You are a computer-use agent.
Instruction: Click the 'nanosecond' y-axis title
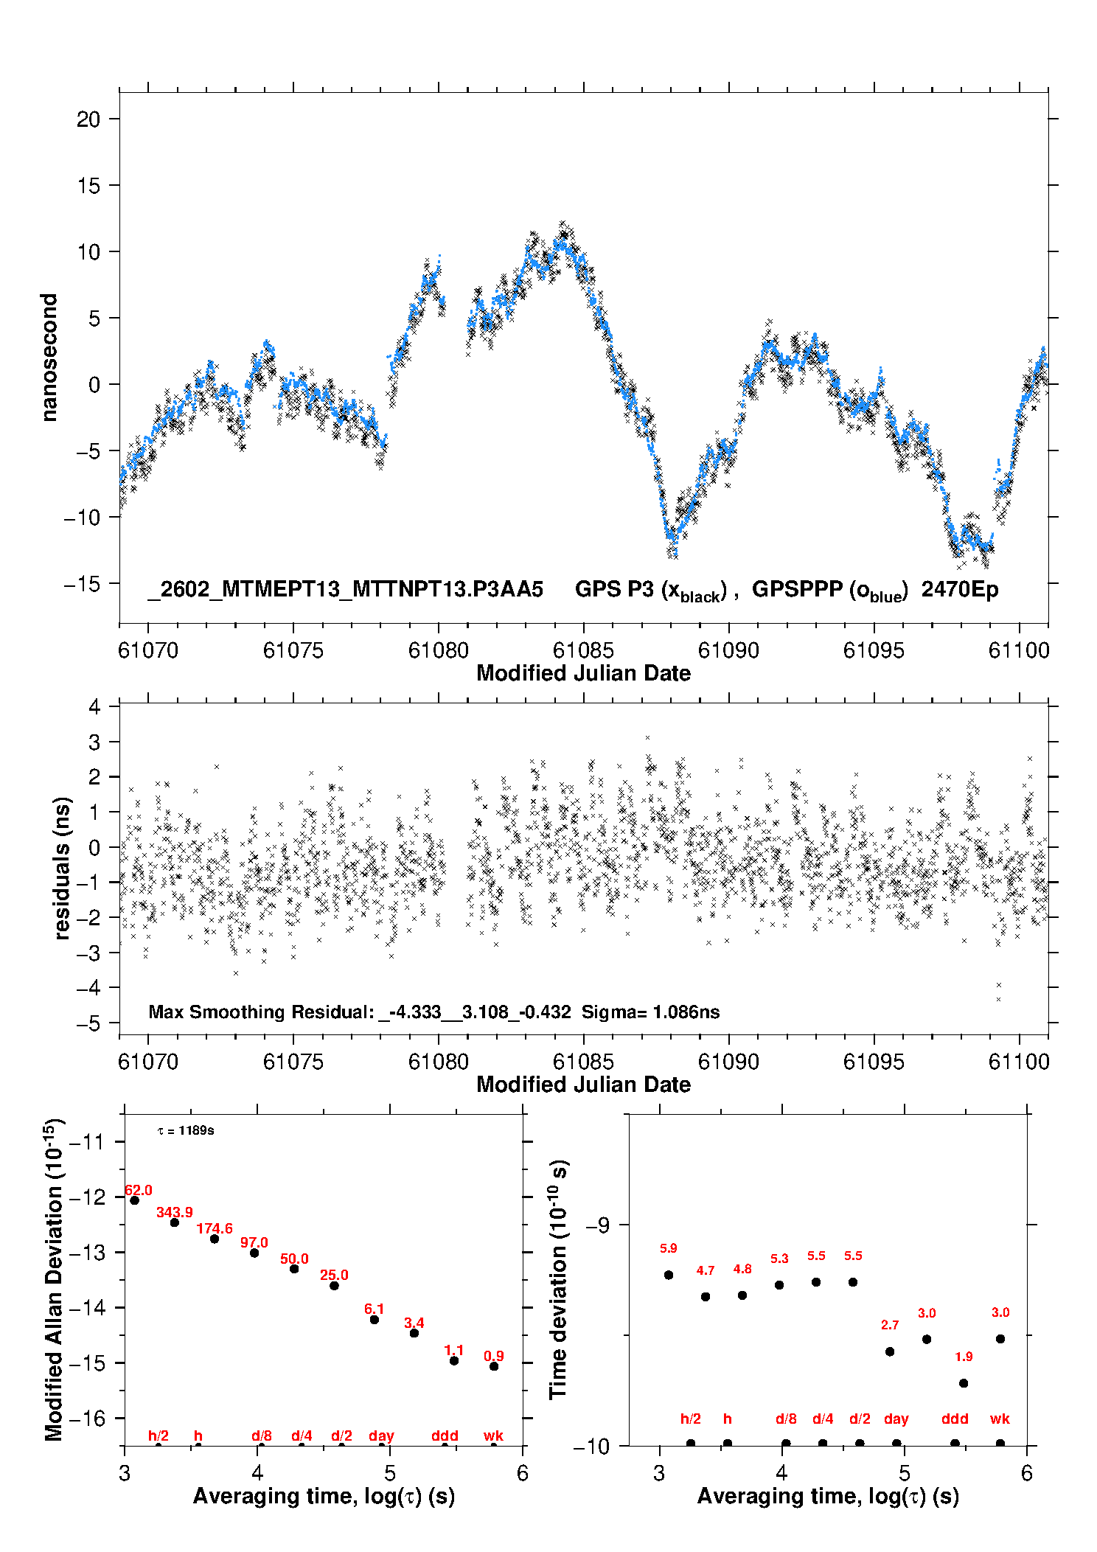coord(49,358)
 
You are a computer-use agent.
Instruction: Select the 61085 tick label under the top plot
coord(583,650)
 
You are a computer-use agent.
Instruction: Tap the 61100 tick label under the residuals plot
coord(1019,1062)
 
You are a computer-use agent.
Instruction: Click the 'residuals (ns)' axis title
coord(62,868)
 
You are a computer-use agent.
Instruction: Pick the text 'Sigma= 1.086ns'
coord(650,1012)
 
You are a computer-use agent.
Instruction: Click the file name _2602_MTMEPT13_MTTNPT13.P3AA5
coord(346,589)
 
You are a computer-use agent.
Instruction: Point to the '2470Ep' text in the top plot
coord(960,589)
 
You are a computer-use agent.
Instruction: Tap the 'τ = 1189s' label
coord(186,1130)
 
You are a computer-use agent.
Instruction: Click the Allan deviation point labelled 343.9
coord(175,1222)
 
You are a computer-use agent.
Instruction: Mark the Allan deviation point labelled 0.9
coord(494,1366)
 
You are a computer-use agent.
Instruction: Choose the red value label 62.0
coord(139,1191)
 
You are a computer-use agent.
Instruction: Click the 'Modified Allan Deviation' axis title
coord(54,1279)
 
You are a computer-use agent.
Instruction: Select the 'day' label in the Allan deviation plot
coord(381,1436)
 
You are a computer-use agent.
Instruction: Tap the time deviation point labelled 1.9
coord(964,1383)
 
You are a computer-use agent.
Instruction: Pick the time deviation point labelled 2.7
coord(890,1351)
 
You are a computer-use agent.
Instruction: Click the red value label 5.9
coord(669,1248)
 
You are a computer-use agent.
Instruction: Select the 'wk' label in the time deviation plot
coord(1000,1419)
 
